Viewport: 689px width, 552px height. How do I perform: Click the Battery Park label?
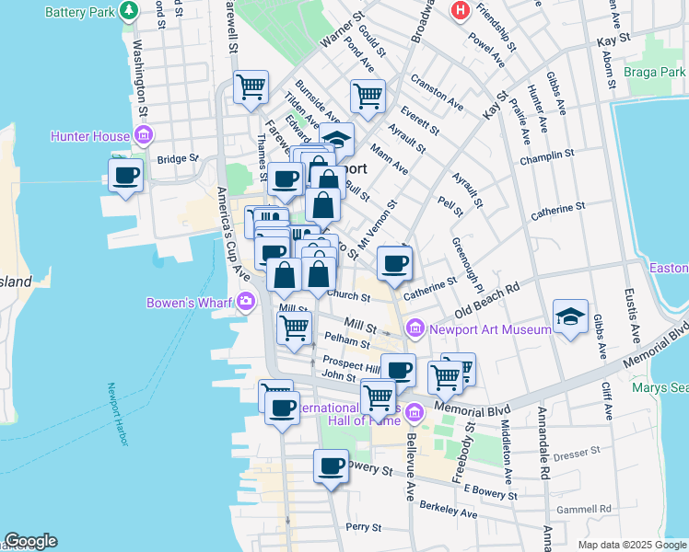[x=80, y=11]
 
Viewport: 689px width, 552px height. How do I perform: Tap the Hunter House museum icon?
[x=143, y=137]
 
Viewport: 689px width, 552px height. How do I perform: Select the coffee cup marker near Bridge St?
[x=125, y=175]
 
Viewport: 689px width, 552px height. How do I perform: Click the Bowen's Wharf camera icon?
[x=246, y=301]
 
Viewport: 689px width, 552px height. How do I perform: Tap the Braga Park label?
[x=654, y=71]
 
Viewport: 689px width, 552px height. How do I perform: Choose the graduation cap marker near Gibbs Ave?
[x=570, y=316]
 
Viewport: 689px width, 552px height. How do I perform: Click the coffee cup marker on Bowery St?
[x=331, y=466]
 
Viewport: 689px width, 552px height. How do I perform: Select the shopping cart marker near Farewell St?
[x=251, y=87]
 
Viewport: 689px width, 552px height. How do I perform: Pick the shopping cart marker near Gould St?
[x=367, y=95]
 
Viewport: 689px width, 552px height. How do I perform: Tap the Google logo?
[x=30, y=541]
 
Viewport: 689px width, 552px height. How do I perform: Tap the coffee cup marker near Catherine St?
[x=394, y=263]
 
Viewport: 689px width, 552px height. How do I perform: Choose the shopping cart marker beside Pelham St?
[x=295, y=327]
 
